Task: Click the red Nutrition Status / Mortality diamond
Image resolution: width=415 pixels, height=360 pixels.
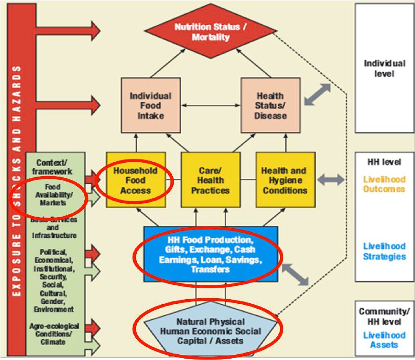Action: [x=210, y=32]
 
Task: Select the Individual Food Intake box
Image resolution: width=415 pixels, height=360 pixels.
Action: [x=150, y=106]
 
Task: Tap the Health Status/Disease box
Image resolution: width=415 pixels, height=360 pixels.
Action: [x=270, y=106]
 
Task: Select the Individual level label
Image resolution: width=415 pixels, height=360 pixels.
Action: [x=385, y=68]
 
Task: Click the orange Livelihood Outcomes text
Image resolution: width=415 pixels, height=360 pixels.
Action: [x=384, y=184]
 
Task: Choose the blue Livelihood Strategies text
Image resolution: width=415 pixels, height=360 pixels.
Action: [x=384, y=251]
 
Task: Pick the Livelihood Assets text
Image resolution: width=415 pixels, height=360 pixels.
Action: [x=384, y=340]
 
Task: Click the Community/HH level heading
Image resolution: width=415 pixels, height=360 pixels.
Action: [x=384, y=316]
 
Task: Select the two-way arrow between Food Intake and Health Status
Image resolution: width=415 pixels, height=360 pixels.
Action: [x=210, y=106]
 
